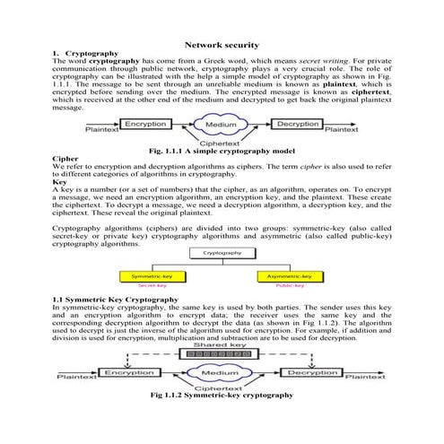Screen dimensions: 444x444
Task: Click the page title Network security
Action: click(222, 44)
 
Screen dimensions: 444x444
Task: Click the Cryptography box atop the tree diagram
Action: click(221, 254)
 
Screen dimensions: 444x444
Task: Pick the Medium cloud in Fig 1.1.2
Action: click(221, 372)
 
